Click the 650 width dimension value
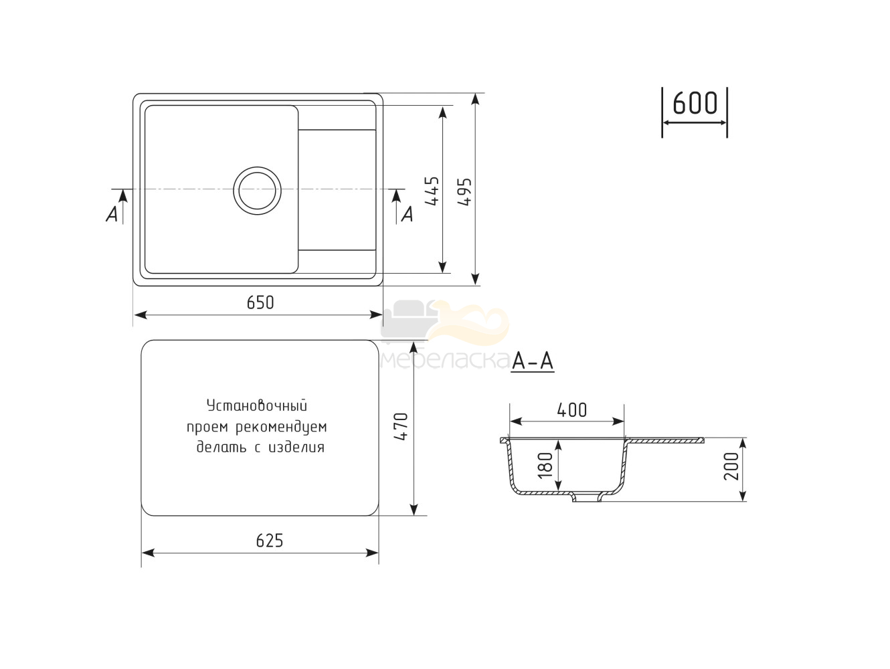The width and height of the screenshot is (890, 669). point(260,302)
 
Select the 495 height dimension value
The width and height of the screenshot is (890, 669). point(464,191)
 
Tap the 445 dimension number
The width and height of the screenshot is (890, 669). point(432,191)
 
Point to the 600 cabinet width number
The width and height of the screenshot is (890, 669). point(695,103)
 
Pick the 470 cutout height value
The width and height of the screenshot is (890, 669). point(401,427)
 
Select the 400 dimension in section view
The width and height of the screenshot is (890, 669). point(571,410)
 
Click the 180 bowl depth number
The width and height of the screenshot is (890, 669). point(546,466)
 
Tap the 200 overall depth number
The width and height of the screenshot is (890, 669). point(732,466)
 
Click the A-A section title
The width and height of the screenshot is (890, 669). point(533,361)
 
